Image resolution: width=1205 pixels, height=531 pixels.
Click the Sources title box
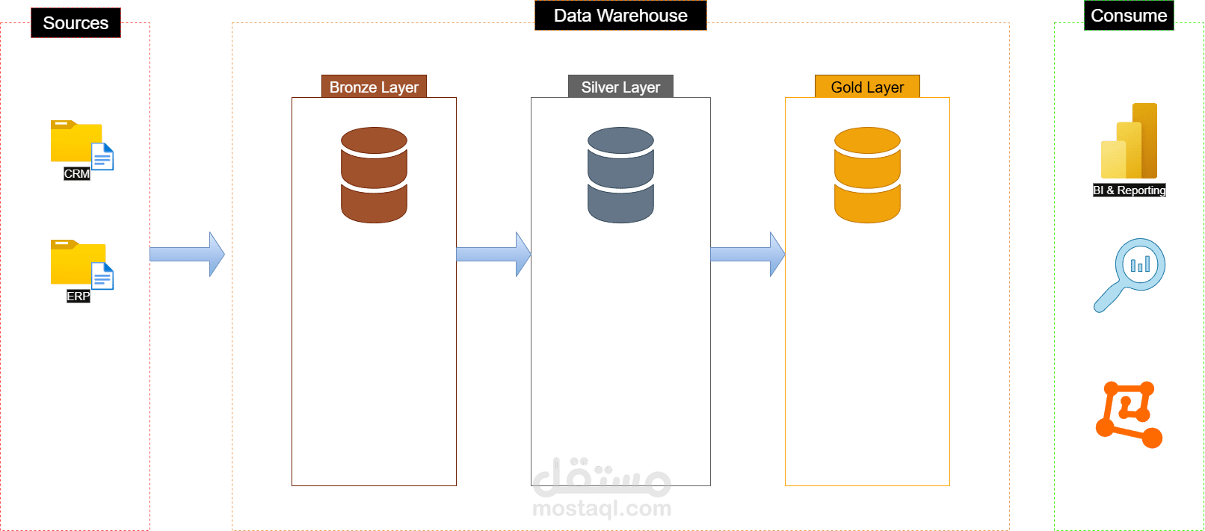point(75,23)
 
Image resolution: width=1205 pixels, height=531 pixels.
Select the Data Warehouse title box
point(620,16)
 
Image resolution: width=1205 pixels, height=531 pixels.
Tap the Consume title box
point(1129,16)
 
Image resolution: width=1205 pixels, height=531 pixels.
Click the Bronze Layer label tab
point(374,87)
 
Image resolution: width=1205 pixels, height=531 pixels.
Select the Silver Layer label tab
point(620,87)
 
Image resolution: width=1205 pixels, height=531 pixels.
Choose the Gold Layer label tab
point(867,87)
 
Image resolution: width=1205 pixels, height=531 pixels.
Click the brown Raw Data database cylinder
point(374,175)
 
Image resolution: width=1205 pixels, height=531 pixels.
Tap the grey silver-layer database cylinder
point(620,175)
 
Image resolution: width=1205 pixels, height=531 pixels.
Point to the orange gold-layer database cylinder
point(867,175)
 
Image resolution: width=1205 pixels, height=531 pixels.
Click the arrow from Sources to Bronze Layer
point(187,255)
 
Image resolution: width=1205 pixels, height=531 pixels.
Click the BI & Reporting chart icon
point(1130,142)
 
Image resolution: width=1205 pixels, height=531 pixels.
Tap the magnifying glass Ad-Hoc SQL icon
point(1131,273)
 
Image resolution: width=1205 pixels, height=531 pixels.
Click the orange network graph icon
point(1129,414)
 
